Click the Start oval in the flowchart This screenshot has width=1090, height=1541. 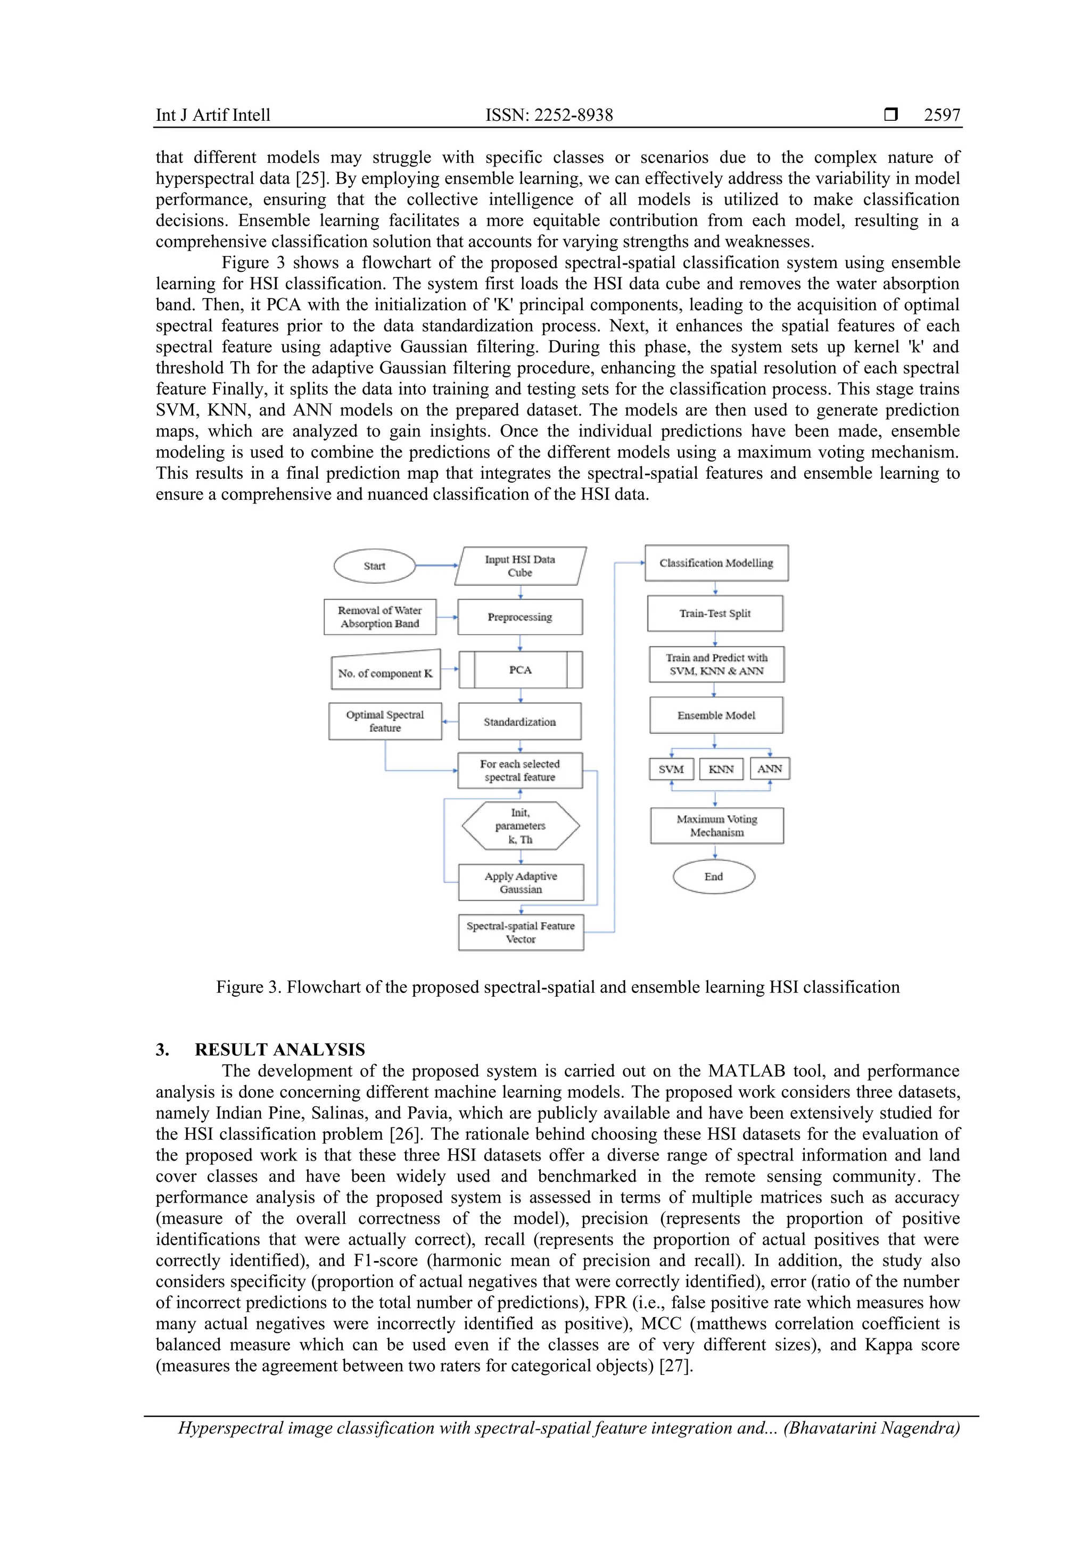coord(375,566)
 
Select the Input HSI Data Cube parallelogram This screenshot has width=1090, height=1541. coord(520,566)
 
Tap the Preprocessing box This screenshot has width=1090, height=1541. coord(520,617)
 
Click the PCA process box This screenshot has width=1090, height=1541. coord(520,670)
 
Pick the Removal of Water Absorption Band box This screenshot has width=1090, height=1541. coord(380,617)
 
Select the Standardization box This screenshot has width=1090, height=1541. coord(520,722)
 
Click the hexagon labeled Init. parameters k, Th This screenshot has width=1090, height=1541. coord(520,826)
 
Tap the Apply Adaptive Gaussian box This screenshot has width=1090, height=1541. coord(521,883)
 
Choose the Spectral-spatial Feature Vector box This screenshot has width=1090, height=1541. coord(521,932)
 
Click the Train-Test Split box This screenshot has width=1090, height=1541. coord(715,614)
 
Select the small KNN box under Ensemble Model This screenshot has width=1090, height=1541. coord(722,769)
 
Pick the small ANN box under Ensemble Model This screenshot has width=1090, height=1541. coord(770,769)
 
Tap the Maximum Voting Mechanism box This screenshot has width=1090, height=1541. coord(717,825)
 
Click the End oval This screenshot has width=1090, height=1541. coord(714,876)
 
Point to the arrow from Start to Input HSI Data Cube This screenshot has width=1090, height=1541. coord(436,566)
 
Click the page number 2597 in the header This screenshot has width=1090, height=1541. coord(942,115)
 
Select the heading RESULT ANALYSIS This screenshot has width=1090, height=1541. coord(280,1050)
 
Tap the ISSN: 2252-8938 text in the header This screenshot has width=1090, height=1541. coord(549,115)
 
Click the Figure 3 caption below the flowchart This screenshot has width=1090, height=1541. coord(557,987)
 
